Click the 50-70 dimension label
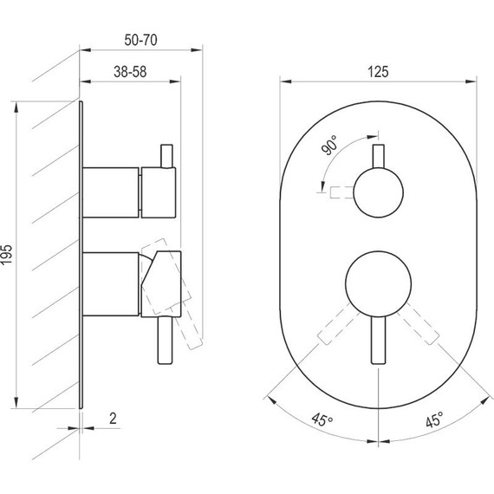coord(140,40)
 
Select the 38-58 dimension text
coord(130,72)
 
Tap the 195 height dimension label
coord(7,255)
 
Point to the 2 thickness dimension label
coord(113,419)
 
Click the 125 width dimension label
coord(378,72)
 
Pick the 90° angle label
coord(329,146)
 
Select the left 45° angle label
coord(322,419)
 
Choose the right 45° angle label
coord(434,419)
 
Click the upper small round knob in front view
coord(378,192)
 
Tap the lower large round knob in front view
coord(378,284)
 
